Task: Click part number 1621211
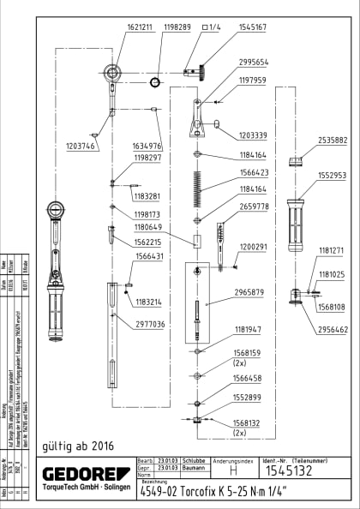[117, 27]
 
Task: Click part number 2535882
[333, 140]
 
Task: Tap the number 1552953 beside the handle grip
[333, 176]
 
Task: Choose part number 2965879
[248, 293]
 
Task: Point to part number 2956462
[333, 329]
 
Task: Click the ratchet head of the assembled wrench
[56, 210]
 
